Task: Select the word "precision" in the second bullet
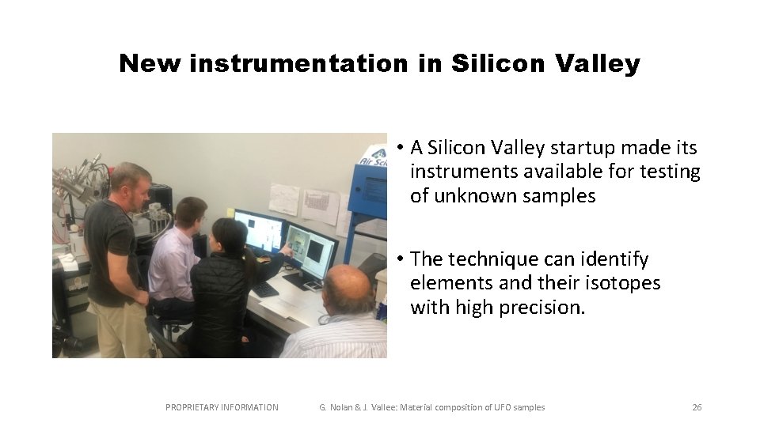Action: tap(542, 308)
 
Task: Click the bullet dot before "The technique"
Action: tap(401, 259)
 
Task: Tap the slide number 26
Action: tap(697, 407)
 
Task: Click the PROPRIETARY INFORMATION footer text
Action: tap(222, 407)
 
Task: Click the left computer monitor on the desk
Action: tap(259, 230)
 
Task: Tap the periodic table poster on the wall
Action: tap(320, 205)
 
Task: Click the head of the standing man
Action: tap(131, 183)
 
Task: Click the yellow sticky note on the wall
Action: tap(230, 212)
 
